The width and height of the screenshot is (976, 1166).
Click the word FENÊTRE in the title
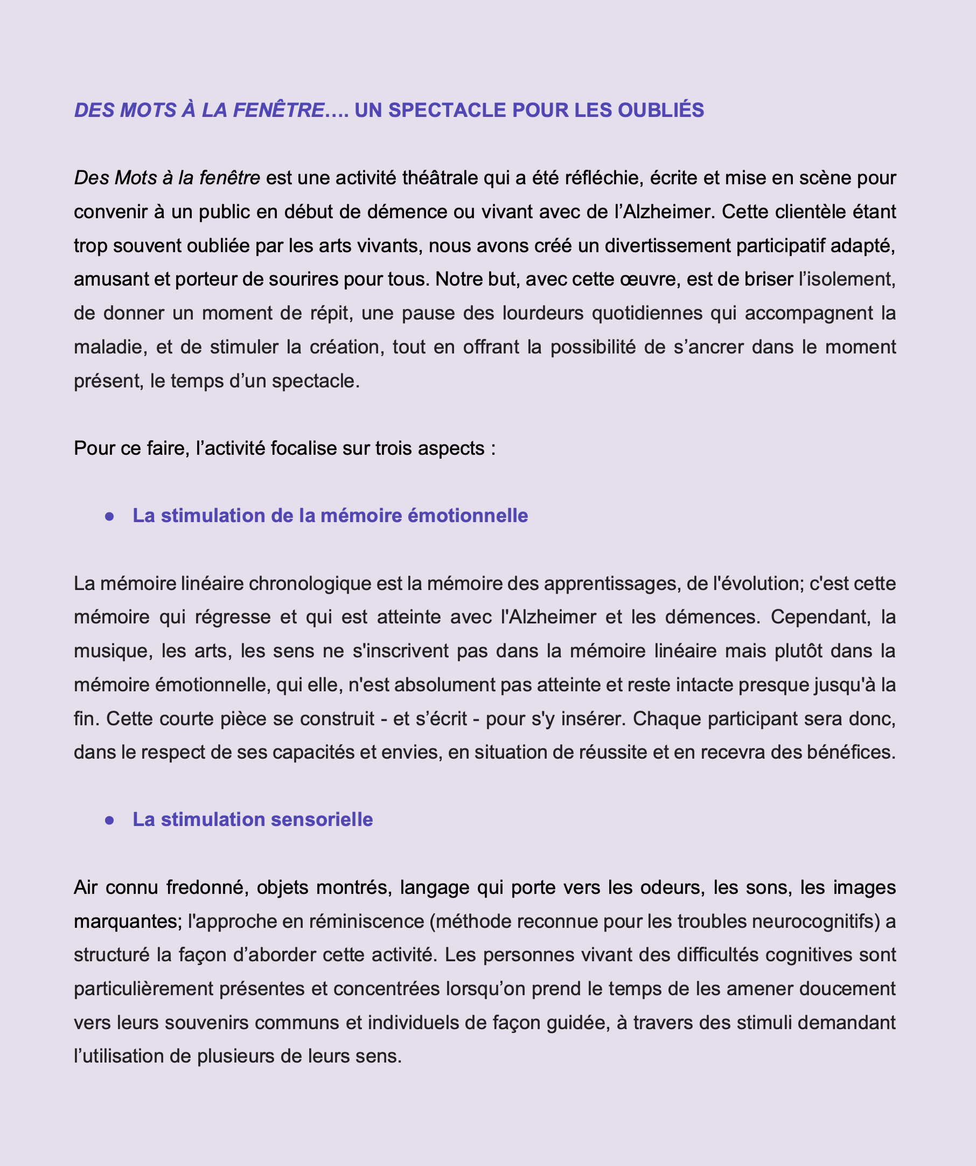278,110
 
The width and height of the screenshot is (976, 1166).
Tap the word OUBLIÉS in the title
661,110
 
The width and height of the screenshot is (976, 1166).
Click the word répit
330,313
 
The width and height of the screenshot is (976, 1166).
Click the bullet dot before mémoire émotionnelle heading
110,516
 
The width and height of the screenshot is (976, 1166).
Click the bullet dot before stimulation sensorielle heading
110,820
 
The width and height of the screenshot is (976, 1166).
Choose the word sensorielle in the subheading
322,820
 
